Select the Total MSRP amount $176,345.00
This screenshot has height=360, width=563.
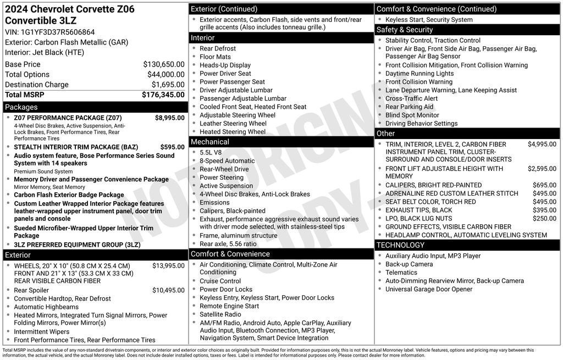coord(163,95)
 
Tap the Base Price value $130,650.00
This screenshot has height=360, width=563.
coord(164,64)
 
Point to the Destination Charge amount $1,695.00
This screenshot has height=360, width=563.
coord(168,85)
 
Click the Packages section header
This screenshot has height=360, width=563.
coord(21,107)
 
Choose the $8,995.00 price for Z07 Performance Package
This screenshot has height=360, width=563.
coord(170,118)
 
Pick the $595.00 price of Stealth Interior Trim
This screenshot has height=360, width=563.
coord(173,147)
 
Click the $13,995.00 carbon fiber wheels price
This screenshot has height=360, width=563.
coord(168,265)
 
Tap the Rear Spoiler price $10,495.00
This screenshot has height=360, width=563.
coord(168,290)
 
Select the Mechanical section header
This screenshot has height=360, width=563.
coord(210,142)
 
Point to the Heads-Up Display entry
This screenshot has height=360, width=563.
coord(225,65)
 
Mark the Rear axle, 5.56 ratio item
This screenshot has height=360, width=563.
coord(228,244)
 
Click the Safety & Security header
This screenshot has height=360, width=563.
coord(405,30)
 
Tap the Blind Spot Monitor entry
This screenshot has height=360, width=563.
coord(412,115)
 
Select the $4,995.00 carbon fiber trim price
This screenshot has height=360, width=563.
coord(542,144)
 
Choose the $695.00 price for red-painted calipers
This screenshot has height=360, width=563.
coord(544,185)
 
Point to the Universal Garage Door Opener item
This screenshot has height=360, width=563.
coord(429,289)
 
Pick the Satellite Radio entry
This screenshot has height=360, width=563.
coord(220,314)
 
